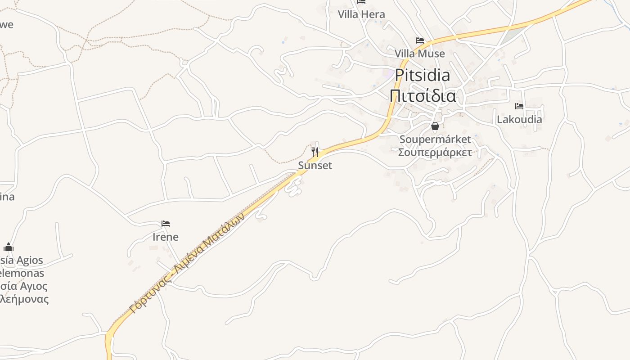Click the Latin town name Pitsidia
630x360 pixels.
pos(423,75)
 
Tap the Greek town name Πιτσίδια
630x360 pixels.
pos(423,95)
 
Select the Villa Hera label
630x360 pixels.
pos(361,14)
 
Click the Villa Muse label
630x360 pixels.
pos(419,54)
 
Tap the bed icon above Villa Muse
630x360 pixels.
pos(420,40)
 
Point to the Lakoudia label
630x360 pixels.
pos(519,119)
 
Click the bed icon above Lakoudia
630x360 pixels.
pos(519,106)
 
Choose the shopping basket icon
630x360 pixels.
pos(435,126)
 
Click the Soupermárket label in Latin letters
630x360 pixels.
pos(435,139)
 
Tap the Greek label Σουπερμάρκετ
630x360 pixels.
pos(435,152)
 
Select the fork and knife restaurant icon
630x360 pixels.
pos(315,152)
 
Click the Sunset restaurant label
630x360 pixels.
pos(315,165)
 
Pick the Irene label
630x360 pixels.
pos(166,237)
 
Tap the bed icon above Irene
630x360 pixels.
pos(166,224)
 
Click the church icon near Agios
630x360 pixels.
pos(9,247)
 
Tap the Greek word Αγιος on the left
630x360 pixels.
pos(31,286)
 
